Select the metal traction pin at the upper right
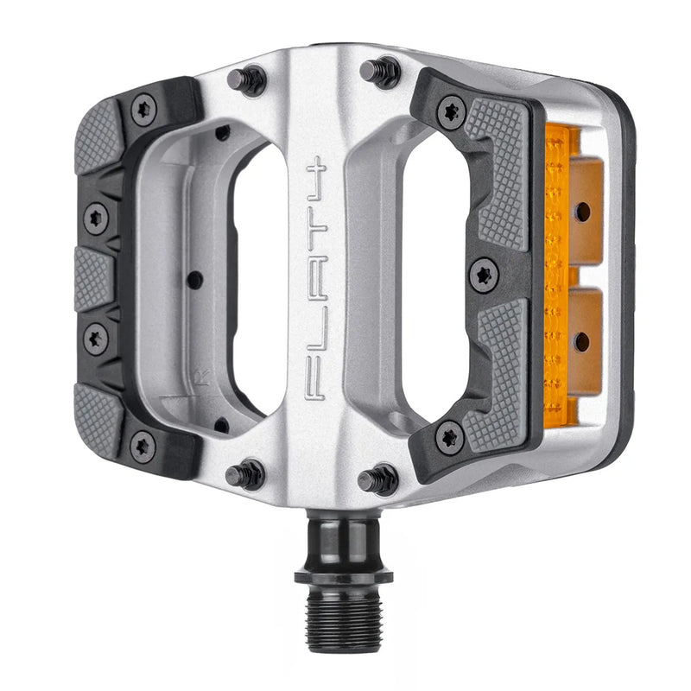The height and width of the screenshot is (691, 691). [x=380, y=72]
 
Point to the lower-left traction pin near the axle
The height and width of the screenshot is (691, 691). [x=245, y=473]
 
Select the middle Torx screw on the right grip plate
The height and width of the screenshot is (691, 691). [x=484, y=276]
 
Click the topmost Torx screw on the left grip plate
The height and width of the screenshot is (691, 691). [x=143, y=111]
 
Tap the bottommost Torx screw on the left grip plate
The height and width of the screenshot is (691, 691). [x=143, y=446]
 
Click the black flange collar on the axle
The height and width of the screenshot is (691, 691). [x=343, y=575]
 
